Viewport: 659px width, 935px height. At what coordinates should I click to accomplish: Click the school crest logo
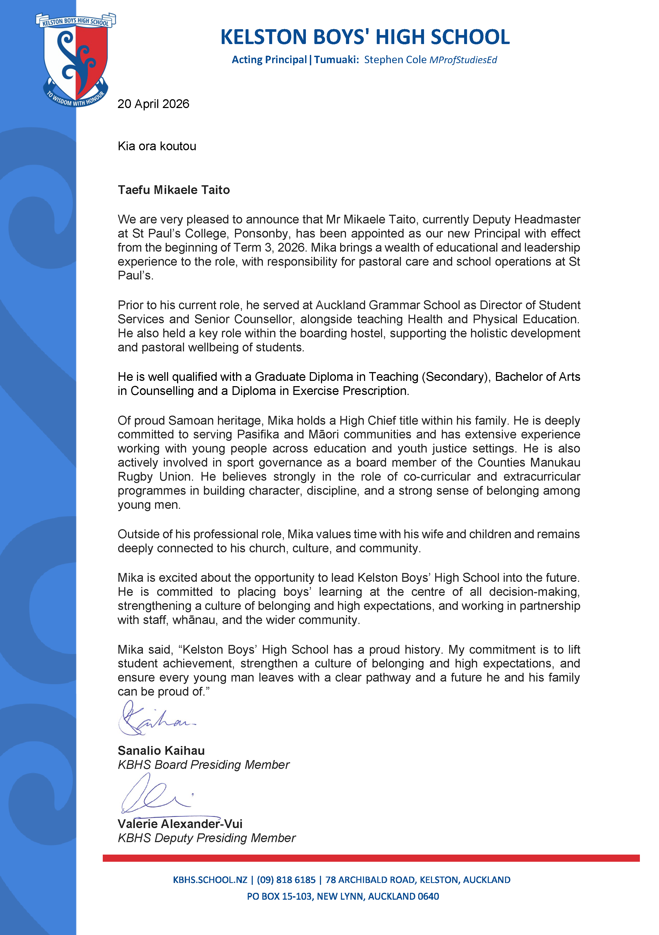coord(76,59)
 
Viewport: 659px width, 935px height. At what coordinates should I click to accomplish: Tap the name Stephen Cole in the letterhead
coord(395,60)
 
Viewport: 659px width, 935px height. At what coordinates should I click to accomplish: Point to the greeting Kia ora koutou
coord(157,146)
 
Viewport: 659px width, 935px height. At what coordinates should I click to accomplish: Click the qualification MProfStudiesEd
coord(463,60)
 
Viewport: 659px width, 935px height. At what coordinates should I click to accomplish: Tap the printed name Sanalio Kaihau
coord(161,751)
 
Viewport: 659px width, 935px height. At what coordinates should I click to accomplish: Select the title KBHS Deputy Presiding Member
coord(207,838)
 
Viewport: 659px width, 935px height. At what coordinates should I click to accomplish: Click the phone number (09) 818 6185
coord(286,880)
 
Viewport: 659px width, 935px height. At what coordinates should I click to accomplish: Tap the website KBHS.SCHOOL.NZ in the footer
coord(210,880)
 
